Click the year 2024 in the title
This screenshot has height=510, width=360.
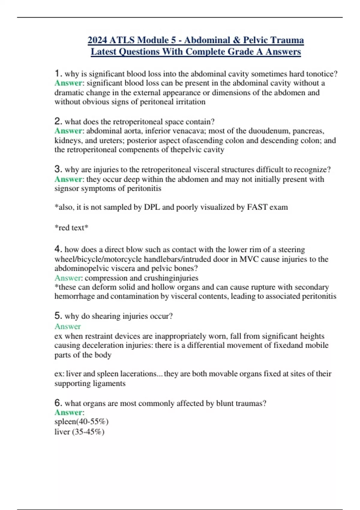97,40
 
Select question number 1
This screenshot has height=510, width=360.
58,73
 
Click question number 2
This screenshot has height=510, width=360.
58,121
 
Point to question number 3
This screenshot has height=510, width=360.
58,169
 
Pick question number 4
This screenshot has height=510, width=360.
58,249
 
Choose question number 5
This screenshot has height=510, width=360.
58,316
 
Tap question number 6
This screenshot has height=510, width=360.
58,403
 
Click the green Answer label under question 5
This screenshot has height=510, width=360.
67,326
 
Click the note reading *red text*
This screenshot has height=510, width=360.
71,227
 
